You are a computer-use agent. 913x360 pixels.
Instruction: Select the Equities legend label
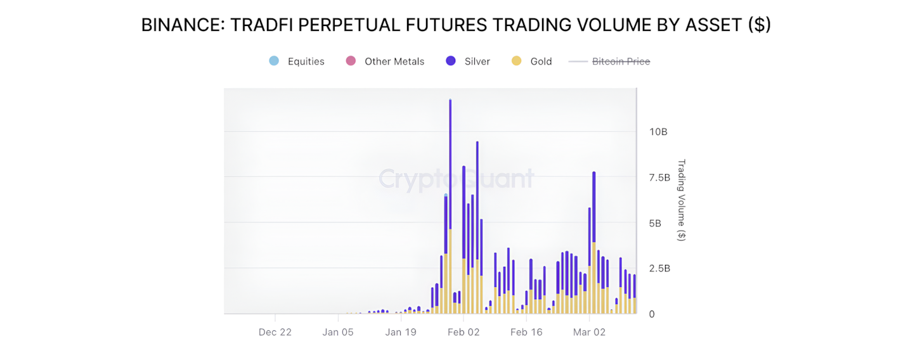[306, 61]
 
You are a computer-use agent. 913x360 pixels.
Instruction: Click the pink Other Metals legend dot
[351, 61]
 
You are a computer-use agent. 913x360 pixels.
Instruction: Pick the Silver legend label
[477, 61]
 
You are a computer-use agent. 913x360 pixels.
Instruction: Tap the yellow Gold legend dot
[517, 61]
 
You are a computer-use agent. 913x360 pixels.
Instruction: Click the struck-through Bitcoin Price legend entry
[621, 61]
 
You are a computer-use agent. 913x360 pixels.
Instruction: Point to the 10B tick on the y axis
[658, 132]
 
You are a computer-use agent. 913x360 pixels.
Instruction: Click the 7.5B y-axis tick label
[659, 177]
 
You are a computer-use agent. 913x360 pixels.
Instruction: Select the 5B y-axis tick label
[655, 223]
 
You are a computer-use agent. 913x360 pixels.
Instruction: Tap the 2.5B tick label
[659, 269]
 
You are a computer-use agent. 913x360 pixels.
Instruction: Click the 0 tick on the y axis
[652, 314]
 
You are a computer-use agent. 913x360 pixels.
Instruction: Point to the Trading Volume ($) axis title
[682, 200]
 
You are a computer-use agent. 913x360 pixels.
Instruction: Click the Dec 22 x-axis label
[275, 332]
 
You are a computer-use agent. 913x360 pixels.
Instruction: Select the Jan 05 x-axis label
[338, 332]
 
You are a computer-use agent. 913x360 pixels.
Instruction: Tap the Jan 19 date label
[401, 332]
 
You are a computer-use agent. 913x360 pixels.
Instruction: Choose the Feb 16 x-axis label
[526, 332]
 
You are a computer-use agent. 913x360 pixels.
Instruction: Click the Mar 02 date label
[589, 332]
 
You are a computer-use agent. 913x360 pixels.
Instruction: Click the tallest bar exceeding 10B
[450, 190]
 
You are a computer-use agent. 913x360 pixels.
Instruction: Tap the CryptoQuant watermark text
[456, 179]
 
